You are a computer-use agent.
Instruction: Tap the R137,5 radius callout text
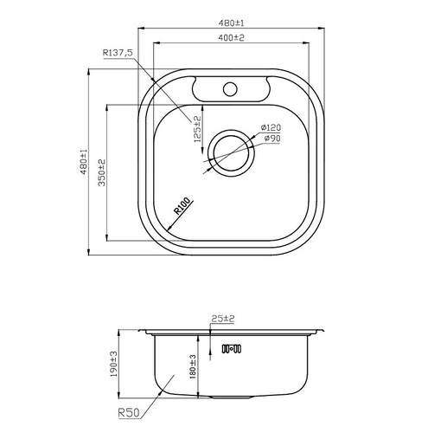(x=117, y=54)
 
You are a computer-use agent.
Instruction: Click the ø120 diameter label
(x=271, y=128)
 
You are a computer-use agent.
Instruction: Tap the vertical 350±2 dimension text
(x=101, y=174)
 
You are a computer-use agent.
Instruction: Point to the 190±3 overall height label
(x=113, y=364)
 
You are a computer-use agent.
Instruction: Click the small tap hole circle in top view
(x=231, y=87)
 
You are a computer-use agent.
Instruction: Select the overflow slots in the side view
(x=232, y=350)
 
